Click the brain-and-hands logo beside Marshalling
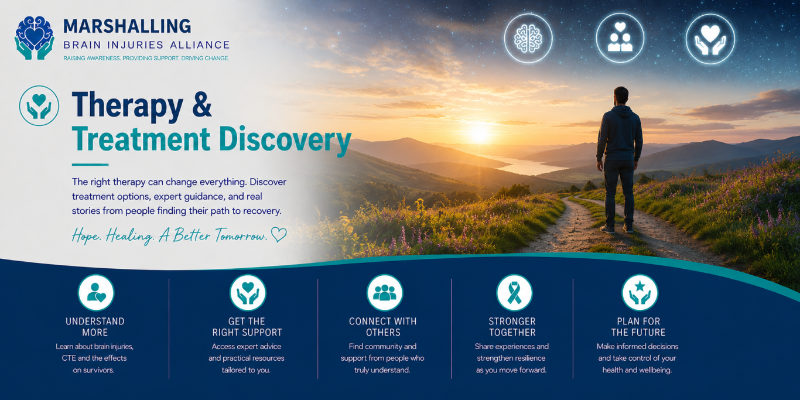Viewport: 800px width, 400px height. (35, 37)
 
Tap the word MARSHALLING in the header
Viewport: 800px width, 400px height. (127, 26)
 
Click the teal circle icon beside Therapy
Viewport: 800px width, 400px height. (39, 106)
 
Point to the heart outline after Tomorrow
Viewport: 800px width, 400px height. (279, 235)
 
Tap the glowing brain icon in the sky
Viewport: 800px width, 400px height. (528, 38)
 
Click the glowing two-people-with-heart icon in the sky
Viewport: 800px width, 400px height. (620, 38)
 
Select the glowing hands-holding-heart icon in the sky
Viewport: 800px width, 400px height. (710, 39)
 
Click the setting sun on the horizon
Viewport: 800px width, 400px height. (479, 133)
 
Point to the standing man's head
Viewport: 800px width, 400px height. (621, 95)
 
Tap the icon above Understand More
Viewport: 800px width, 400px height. (96, 292)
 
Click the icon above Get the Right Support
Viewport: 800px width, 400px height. (248, 292)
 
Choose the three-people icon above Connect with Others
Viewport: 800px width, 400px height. (385, 292)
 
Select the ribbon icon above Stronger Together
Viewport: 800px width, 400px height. (514, 292)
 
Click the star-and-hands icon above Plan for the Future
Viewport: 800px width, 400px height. (640, 292)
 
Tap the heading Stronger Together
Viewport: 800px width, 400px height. (512, 327)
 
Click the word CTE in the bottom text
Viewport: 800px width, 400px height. (69, 358)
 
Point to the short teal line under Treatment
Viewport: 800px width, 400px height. (90, 165)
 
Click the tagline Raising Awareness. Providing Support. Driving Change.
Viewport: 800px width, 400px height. (146, 58)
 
